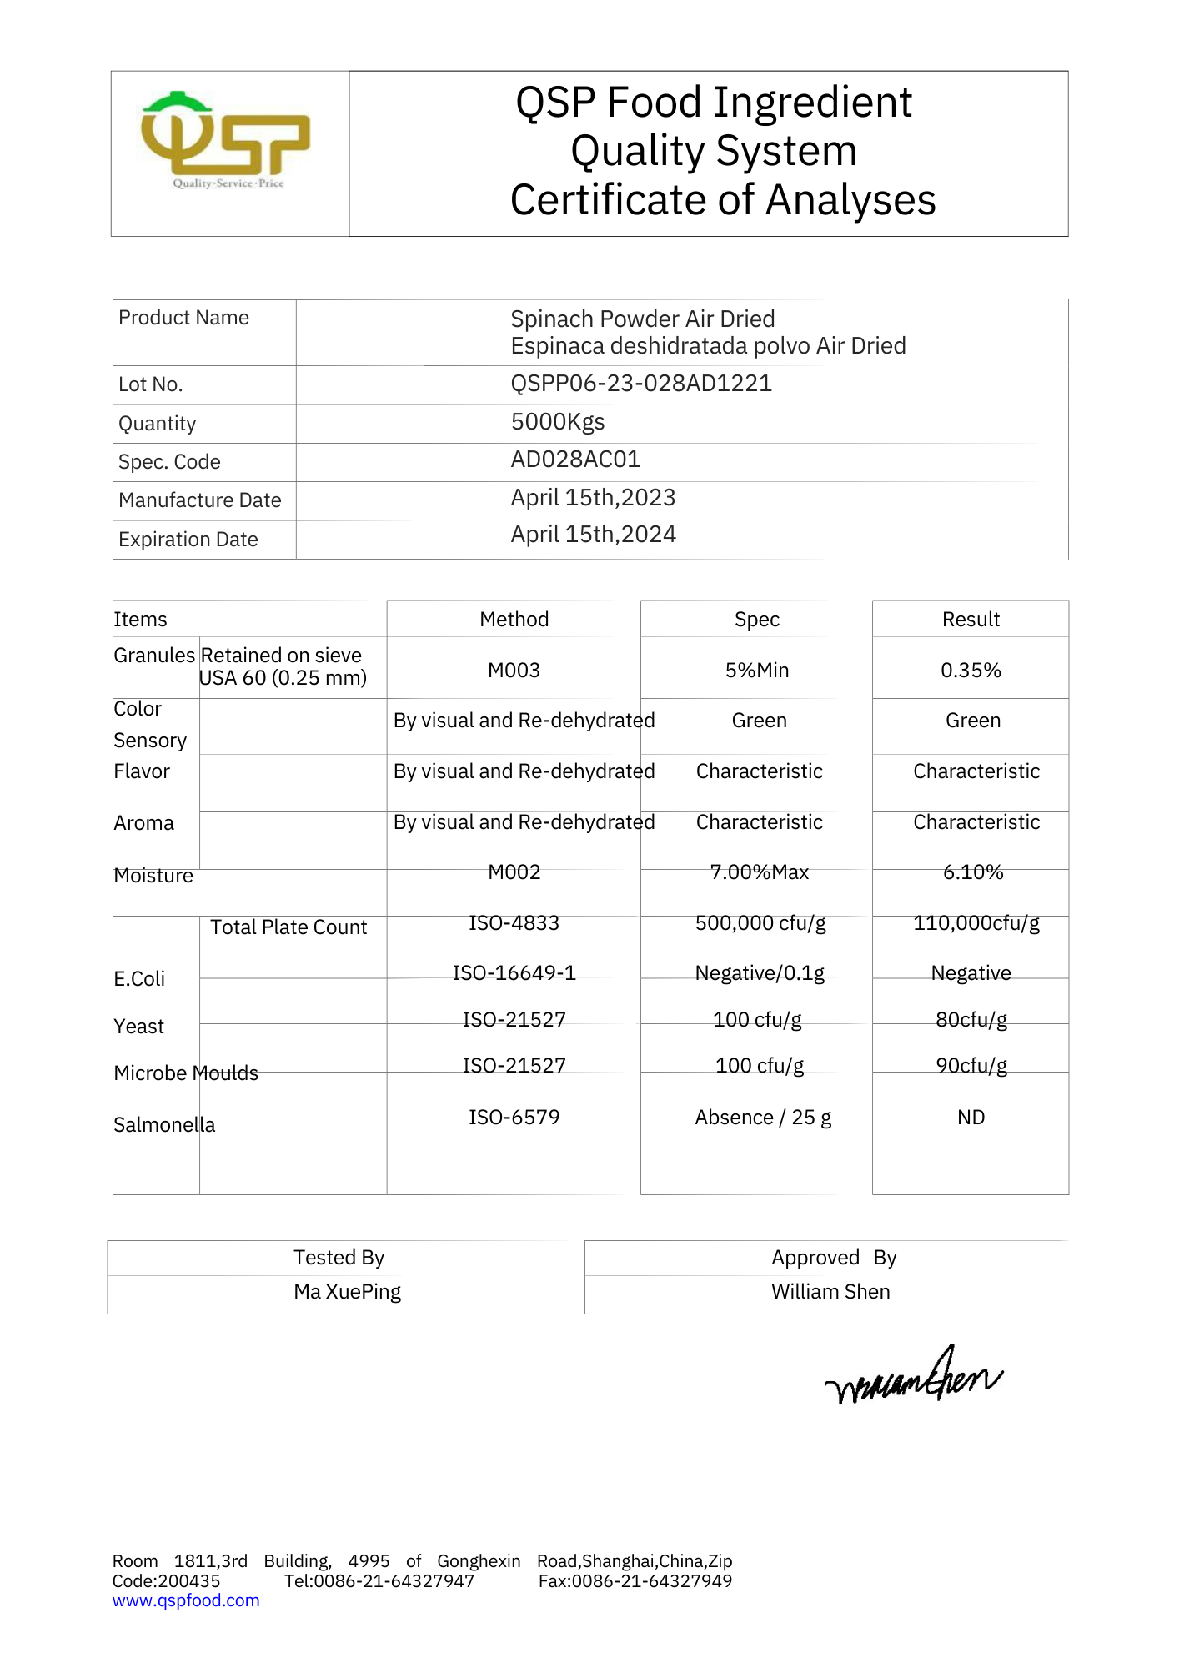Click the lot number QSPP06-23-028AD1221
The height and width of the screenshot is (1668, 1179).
[x=640, y=384]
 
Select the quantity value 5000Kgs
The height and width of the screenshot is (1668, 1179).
[x=557, y=422]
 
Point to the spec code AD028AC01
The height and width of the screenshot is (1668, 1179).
[x=575, y=460]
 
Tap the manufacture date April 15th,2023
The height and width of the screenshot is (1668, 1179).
[x=593, y=498]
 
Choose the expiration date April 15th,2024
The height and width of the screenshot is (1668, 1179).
[x=593, y=535]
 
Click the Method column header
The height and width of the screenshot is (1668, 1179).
[x=514, y=620]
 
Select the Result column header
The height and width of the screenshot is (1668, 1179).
[x=971, y=620]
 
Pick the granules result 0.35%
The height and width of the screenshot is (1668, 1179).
[x=971, y=671]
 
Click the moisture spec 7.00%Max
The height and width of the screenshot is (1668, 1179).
[x=759, y=872]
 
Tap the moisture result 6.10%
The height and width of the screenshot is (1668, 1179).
[x=972, y=872]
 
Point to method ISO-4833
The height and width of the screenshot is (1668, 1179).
[x=514, y=923]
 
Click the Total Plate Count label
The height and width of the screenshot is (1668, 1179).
[x=288, y=927]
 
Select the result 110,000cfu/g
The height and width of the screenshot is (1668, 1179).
[x=976, y=923]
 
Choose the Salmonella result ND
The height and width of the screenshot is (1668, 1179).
[x=971, y=1118]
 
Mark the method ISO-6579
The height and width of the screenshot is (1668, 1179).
[x=514, y=1118]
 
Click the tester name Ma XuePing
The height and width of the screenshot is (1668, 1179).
[x=347, y=1292]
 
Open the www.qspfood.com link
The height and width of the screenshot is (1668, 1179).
[x=186, y=1600]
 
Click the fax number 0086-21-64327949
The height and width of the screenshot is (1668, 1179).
[x=651, y=1581]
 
